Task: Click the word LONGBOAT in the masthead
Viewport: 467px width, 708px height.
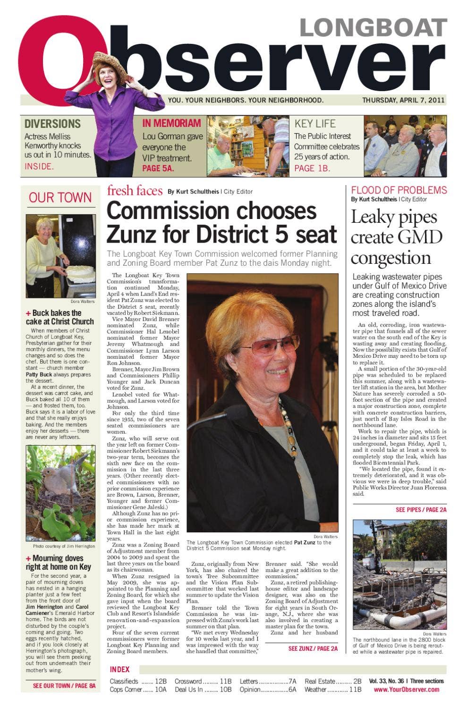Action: (x=373, y=28)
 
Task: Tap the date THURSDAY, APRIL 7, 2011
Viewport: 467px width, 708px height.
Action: (x=403, y=100)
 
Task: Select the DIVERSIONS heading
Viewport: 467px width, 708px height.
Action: (x=52, y=124)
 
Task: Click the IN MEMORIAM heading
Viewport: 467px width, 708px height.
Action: (x=171, y=123)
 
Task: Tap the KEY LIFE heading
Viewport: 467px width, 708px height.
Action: (x=315, y=124)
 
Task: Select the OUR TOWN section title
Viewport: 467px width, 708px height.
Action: (x=60, y=197)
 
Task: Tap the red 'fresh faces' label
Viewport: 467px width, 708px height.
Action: (x=135, y=191)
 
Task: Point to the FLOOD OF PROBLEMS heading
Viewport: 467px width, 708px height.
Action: (x=399, y=190)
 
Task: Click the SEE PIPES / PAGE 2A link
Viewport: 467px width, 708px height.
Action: (x=421, y=510)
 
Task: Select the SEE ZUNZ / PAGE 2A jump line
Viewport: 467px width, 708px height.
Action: (x=313, y=649)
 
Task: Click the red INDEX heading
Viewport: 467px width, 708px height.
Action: (x=119, y=669)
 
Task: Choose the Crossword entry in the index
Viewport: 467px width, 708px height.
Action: (x=188, y=681)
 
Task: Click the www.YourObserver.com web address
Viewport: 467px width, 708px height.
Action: (x=406, y=690)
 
